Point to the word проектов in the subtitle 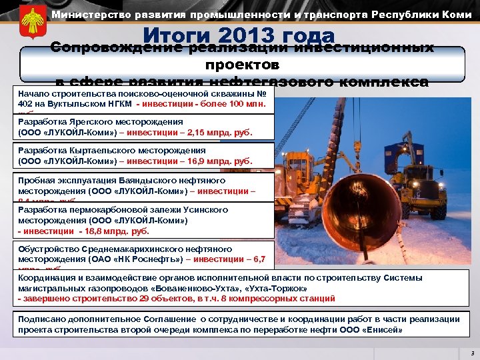tap(242, 66)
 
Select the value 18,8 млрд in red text tap(113, 231)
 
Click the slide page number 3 tap(471, 352)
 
